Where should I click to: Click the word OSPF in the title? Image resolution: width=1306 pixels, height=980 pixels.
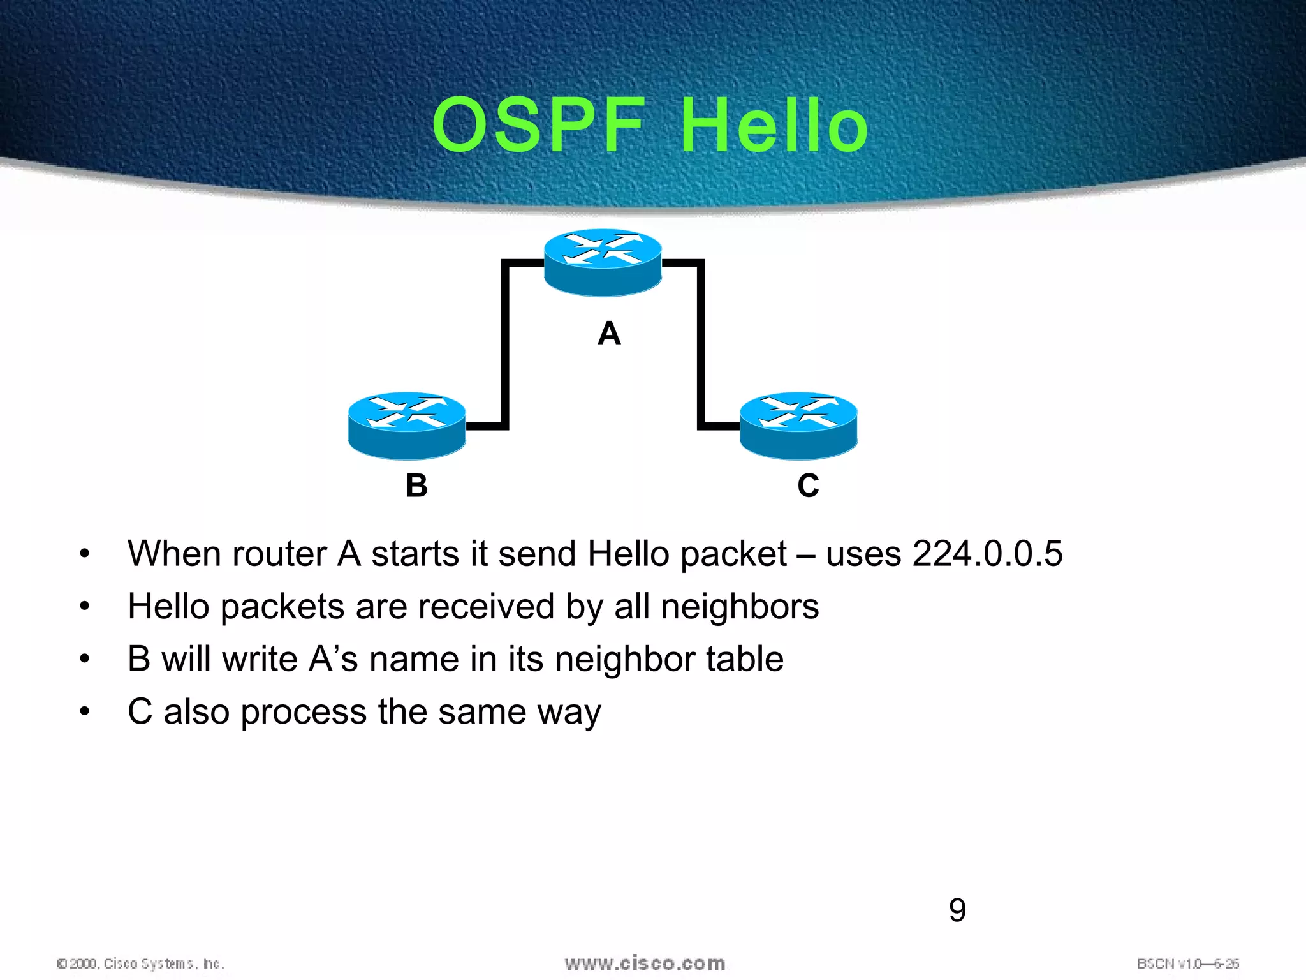coord(539,125)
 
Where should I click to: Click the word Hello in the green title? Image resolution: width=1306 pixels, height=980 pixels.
coord(774,125)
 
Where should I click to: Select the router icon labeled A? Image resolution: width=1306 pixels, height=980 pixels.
coord(603,262)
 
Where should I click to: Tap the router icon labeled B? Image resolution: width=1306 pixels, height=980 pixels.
coord(407,426)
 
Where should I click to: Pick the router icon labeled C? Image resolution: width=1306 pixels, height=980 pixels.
coord(798,426)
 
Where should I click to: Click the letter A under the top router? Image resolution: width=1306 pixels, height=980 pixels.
coord(609,334)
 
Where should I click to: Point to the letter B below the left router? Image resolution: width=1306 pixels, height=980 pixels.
coord(416,486)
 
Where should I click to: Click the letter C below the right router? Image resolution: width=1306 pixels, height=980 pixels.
coord(808,486)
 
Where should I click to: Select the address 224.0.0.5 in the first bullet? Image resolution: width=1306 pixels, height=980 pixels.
coord(987,553)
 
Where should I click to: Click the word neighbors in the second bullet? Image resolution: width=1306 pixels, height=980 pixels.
coord(740,606)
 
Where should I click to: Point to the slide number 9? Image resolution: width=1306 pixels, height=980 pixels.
coord(957,910)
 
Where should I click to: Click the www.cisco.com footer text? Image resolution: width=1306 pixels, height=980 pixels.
coord(645,963)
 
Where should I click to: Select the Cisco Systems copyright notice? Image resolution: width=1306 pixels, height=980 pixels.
coord(140,963)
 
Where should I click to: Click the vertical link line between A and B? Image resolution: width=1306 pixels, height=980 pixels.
coord(505,345)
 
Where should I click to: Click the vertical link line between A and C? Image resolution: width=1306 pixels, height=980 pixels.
coord(701,345)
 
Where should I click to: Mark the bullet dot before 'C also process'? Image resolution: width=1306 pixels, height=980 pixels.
coord(85,711)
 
